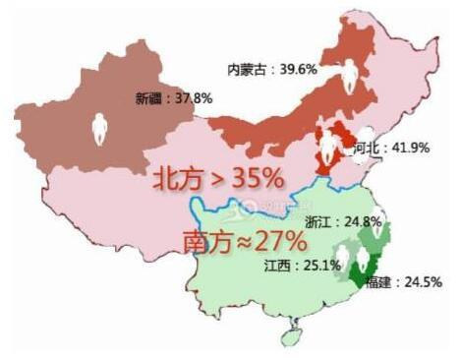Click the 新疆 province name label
click(x=149, y=97)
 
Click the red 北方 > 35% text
click(x=217, y=178)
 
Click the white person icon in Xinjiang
click(x=99, y=128)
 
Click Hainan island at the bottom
click(x=288, y=337)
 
